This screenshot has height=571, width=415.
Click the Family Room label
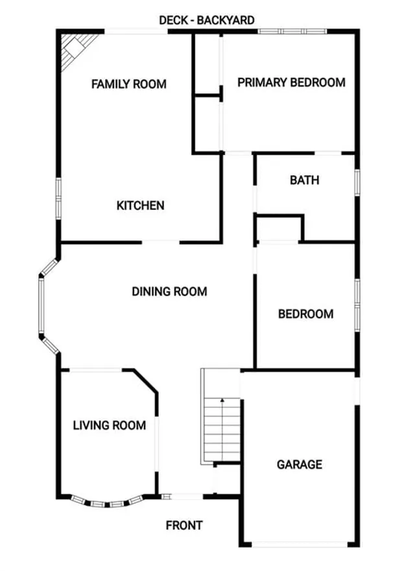coord(128,84)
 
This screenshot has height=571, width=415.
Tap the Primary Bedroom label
coord(291,83)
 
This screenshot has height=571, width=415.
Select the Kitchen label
coord(140,205)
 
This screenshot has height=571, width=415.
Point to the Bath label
coord(304,180)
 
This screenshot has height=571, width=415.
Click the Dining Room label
coord(169,292)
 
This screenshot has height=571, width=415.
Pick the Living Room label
coord(109,426)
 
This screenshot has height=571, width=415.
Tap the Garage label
coord(299,465)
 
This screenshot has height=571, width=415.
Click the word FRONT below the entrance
coord(184,526)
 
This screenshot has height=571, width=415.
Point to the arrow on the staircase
coord(222,401)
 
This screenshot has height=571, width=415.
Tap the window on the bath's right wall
coord(356,181)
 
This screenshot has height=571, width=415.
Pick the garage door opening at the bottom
coord(299,543)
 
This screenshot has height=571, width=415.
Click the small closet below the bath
coord(279,229)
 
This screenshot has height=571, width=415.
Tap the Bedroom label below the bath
coord(305,314)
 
